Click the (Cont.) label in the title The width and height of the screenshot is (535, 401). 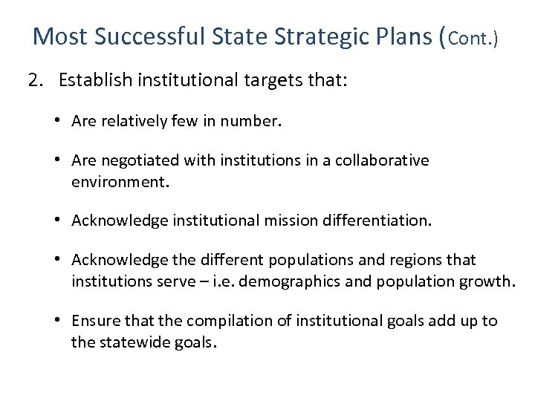(x=469, y=37)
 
